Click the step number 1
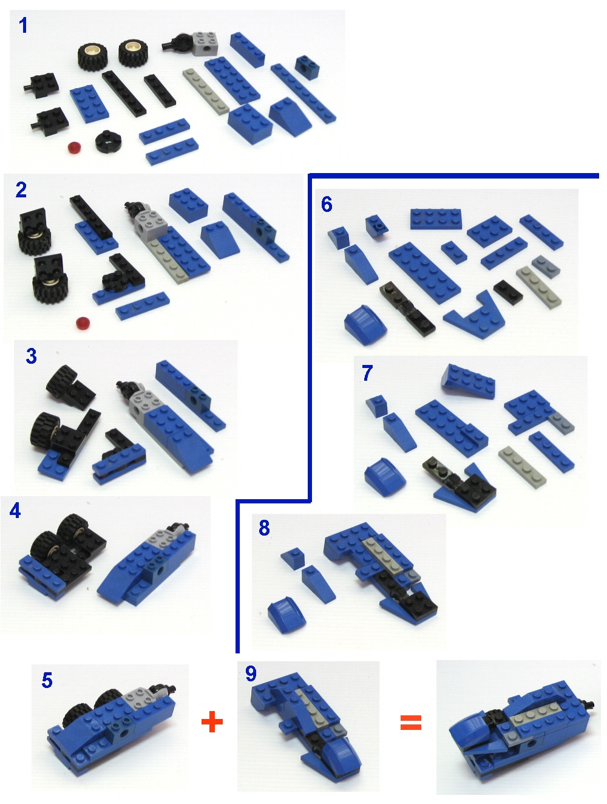click(23, 26)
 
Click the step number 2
click(21, 190)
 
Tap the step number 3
click(31, 356)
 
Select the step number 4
click(15, 511)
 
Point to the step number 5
click(47, 680)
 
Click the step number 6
click(327, 205)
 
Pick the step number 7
click(367, 373)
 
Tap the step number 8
click(264, 528)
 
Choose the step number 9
click(251, 673)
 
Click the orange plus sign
click(212, 722)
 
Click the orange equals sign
click(411, 722)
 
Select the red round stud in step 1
click(74, 148)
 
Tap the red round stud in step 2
click(83, 322)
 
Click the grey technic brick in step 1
click(205, 43)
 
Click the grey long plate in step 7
click(521, 465)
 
